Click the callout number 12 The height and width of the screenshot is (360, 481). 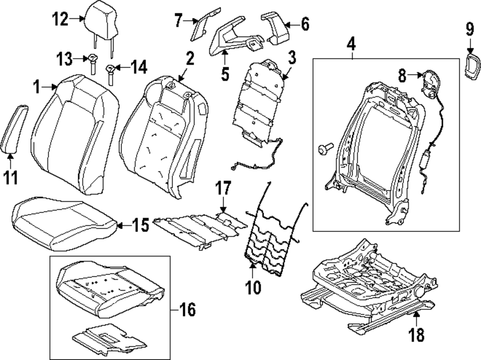(60, 19)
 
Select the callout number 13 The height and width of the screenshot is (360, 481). (64, 59)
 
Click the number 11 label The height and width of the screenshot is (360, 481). (11, 178)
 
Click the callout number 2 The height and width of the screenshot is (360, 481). (190, 58)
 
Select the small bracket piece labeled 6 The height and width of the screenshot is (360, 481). (275, 29)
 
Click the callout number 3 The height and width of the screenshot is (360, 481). (291, 58)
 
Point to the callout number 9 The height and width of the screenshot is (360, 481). (469, 29)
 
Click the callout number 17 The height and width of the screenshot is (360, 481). (223, 188)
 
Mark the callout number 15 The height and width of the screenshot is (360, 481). (141, 225)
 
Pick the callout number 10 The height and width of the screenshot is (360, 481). (253, 287)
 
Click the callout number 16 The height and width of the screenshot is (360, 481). (187, 309)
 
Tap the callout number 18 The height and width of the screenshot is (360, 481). (417, 335)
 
